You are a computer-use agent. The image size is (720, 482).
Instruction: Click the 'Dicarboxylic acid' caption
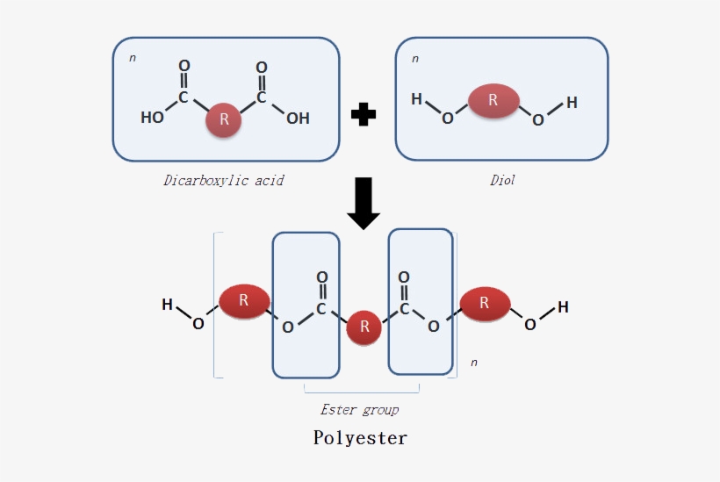coord(224,181)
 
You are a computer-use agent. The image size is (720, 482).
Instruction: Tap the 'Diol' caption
coord(502,181)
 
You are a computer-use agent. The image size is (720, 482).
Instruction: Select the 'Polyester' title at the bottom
coord(360,437)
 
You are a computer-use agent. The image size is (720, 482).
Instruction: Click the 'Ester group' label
coord(359,409)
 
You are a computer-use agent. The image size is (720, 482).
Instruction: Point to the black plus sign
coord(363,114)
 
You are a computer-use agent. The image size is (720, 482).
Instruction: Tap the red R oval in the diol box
coord(493,101)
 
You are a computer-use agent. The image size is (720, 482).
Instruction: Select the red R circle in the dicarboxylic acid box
coord(224,120)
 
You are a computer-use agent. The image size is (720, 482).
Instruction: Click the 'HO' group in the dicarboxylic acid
coord(152,118)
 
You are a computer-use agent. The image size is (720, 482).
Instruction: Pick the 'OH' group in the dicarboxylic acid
coord(298,118)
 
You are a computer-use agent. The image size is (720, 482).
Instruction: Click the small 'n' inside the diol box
coord(415,59)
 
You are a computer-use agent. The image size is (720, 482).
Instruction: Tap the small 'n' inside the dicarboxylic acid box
coord(133,59)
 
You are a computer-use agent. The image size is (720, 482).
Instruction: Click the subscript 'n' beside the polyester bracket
coord(474,362)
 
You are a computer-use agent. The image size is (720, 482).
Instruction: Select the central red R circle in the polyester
coord(364,329)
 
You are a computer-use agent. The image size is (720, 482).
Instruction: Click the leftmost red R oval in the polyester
coord(243,301)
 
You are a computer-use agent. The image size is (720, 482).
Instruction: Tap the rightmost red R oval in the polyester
coord(485,303)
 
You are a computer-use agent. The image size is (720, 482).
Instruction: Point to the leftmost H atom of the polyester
coord(167,305)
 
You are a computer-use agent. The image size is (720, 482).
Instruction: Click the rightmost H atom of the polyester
coord(563,307)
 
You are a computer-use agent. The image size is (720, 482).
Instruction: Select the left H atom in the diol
coord(416,99)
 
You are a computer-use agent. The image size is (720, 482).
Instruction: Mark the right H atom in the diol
coord(572,103)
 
